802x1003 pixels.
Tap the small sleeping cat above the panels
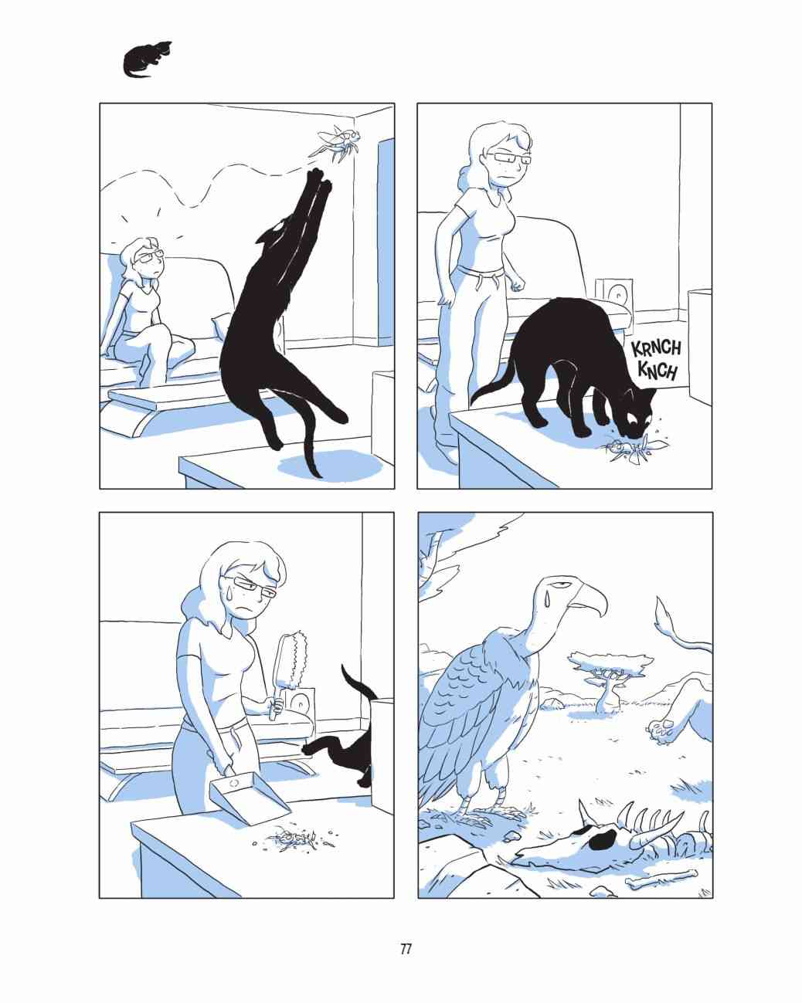[x=147, y=59]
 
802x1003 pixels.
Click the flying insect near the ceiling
[x=338, y=142]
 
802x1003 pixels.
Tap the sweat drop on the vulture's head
[x=545, y=598]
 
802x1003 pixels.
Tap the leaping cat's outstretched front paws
[x=320, y=181]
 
